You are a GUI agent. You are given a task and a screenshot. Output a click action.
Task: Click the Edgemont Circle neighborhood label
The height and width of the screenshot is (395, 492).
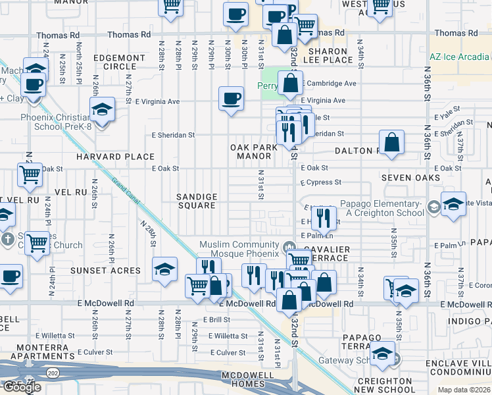(x=119, y=63)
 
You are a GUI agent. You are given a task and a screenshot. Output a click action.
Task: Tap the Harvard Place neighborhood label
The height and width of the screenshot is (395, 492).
(x=115, y=157)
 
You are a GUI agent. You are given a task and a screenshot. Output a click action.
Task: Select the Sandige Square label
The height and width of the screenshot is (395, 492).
(x=197, y=201)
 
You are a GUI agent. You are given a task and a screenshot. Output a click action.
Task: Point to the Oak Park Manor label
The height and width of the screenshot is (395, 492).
(x=254, y=152)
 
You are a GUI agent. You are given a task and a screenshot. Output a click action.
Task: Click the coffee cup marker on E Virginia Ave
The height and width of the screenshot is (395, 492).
(x=230, y=99)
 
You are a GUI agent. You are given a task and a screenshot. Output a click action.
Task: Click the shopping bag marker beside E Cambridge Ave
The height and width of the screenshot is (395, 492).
(x=290, y=84)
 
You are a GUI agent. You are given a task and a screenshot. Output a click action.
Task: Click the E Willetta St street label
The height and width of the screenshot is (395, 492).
(x=228, y=336)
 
